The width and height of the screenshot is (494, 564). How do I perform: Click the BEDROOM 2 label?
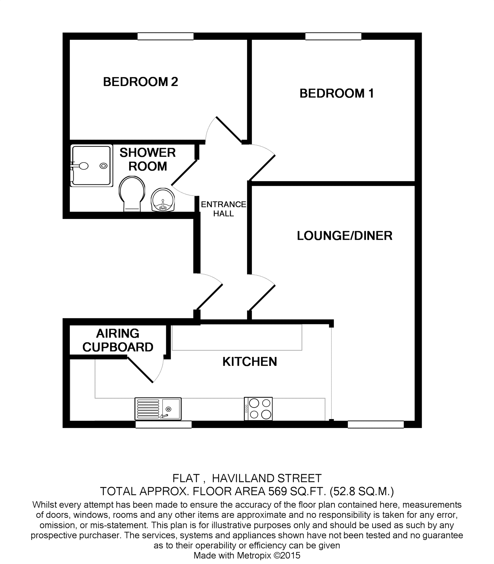(x=140, y=82)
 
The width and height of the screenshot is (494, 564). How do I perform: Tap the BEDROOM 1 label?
(x=336, y=93)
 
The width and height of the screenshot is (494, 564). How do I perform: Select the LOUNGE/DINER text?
(x=344, y=235)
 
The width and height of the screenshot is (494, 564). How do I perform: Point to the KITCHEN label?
(x=249, y=362)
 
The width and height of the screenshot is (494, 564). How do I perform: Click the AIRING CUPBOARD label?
(x=118, y=340)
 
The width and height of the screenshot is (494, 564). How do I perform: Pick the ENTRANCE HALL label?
(x=223, y=209)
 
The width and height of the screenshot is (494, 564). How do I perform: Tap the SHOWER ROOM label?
(x=147, y=159)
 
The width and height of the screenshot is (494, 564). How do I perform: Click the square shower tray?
(x=91, y=166)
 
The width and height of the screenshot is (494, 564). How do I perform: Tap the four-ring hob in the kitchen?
(x=258, y=409)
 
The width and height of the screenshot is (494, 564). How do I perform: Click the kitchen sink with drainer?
(x=158, y=409)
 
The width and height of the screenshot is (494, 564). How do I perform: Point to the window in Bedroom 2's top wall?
(x=165, y=36)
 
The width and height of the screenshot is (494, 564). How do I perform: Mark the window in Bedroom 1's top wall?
(x=333, y=36)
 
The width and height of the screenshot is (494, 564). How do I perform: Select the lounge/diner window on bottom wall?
(x=375, y=424)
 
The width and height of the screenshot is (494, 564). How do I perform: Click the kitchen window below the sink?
(x=163, y=424)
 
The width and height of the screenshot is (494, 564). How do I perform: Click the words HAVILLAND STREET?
(x=267, y=478)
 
